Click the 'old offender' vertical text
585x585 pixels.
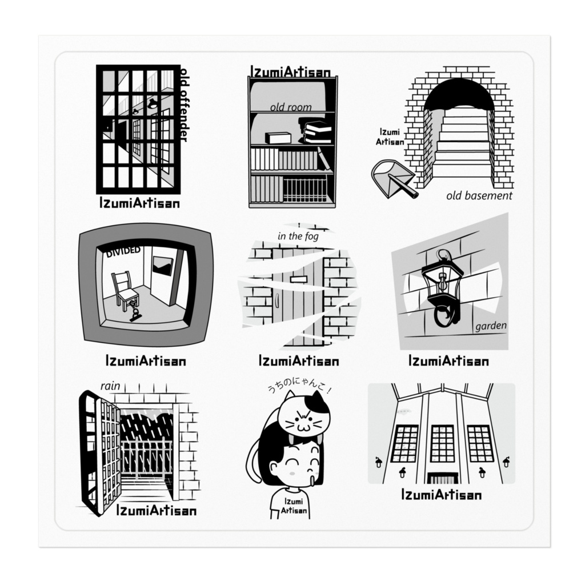coord(183,105)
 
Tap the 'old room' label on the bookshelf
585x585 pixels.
coord(291,107)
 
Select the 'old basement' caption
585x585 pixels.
coord(479,195)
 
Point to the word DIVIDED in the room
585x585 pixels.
coord(123,251)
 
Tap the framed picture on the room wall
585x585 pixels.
coord(162,266)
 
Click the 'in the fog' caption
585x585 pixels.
coord(298,236)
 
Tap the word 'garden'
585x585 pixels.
coord(491,326)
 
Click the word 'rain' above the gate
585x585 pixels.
coord(110,386)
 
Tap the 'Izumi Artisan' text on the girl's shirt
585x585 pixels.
coord(294,506)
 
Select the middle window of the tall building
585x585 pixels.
coord(442,443)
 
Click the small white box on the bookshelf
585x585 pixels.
coord(278,138)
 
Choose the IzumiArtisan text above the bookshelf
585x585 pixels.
coord(290,72)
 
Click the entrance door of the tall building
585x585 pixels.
coord(442,478)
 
